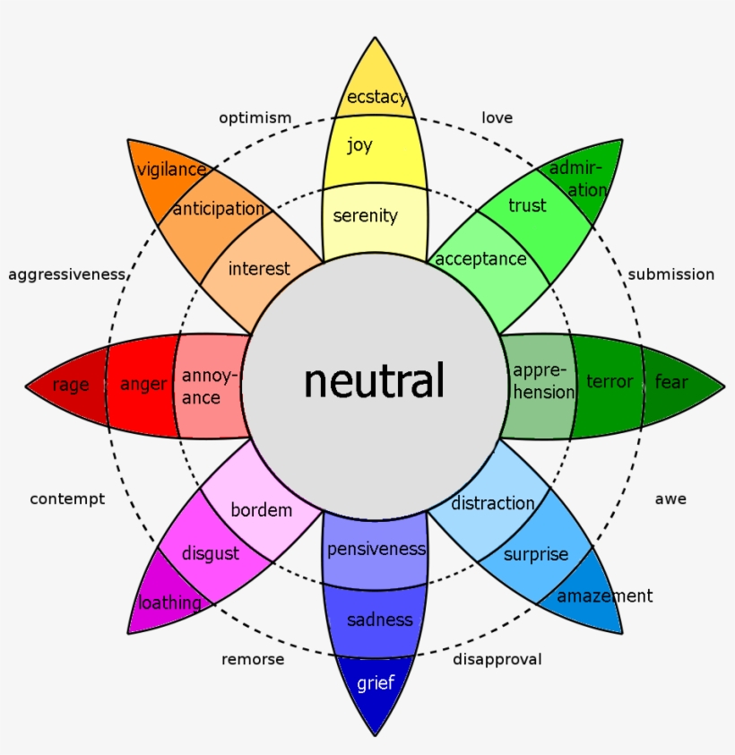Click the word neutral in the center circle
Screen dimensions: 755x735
tap(374, 381)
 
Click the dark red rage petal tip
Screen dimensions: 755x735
tap(70, 386)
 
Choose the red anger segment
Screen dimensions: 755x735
tap(143, 385)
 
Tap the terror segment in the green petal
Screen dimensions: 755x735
tap(609, 383)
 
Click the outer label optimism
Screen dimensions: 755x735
tap(255, 117)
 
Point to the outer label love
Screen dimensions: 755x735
tap(497, 117)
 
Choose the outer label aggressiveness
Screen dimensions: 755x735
tap(66, 274)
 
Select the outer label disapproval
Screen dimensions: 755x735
tap(497, 659)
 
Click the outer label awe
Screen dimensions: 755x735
tap(670, 499)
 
